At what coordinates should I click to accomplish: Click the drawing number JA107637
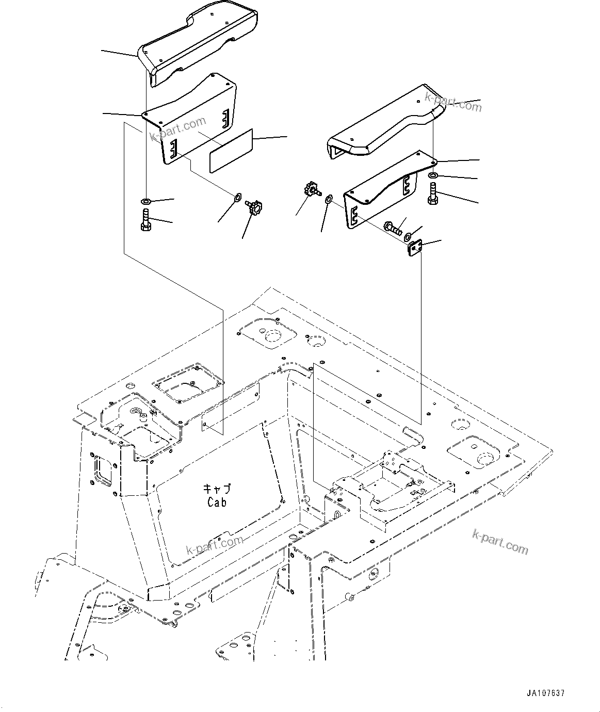(x=545, y=693)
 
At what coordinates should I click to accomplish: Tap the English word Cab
(x=217, y=502)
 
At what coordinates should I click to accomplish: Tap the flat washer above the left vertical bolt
(x=145, y=200)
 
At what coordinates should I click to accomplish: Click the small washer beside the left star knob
(x=237, y=197)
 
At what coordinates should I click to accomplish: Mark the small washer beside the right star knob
(x=328, y=198)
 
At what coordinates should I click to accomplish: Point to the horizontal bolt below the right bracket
(x=393, y=228)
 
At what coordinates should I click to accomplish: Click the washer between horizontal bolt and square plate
(x=408, y=237)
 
